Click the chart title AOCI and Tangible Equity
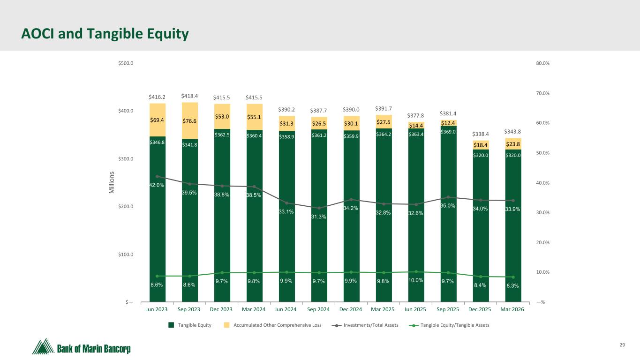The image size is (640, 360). point(105,34)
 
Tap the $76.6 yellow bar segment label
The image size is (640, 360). point(189,121)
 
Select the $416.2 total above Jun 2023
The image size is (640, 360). point(157,97)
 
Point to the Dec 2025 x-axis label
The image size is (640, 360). point(480,309)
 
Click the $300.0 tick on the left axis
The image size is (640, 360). point(126,159)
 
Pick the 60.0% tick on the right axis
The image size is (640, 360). point(542,123)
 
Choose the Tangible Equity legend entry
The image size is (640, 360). point(190,325)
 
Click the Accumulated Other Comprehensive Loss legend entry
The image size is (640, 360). point(272,325)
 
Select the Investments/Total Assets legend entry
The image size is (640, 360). point(365,325)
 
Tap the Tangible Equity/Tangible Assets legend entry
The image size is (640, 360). point(449,325)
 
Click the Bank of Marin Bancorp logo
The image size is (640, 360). point(82,346)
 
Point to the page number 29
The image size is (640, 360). point(622,345)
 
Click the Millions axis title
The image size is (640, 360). point(112,182)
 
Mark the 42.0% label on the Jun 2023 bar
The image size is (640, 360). point(157,185)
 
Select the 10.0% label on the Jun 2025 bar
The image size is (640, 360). point(416,280)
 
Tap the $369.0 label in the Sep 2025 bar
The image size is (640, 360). point(448,132)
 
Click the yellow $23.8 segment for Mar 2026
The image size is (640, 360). point(513,144)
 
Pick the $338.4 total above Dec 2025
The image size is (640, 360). point(481,134)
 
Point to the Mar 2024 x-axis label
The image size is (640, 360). point(254,309)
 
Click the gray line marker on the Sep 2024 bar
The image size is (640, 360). point(319,208)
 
